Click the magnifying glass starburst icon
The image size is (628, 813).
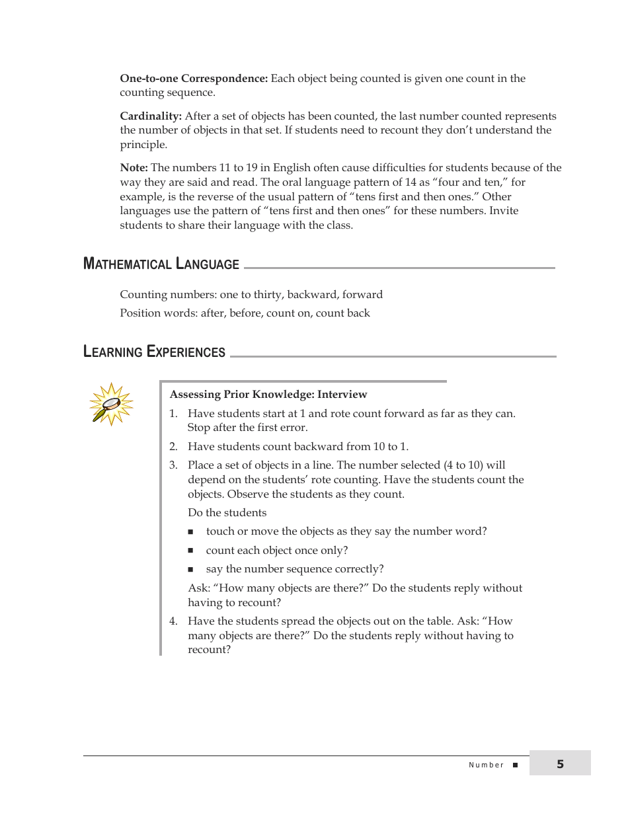coord(111,404)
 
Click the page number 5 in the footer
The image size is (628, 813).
coord(560,764)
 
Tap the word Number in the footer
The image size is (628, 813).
coord(486,765)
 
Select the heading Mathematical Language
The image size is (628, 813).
coord(161,264)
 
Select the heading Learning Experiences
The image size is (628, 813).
coord(155,352)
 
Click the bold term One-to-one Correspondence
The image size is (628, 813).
coord(194,79)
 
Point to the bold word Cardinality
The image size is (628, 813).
coord(151,116)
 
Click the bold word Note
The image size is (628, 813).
coord(134,168)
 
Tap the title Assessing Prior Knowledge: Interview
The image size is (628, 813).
coord(268,395)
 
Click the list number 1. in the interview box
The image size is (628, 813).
coord(173,414)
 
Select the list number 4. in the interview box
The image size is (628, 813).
coord(173,621)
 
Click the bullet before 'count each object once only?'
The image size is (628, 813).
coord(190,551)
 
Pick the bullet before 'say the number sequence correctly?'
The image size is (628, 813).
coord(190,569)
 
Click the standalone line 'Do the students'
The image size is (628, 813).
coord(227,513)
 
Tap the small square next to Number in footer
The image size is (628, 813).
coord(516,765)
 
